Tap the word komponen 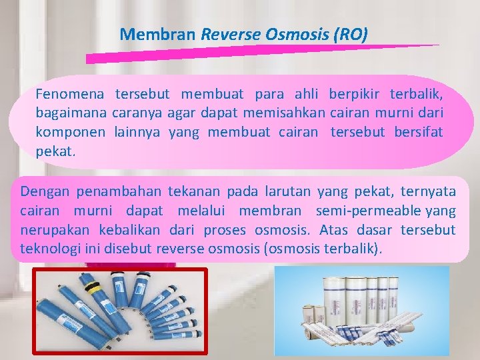70,132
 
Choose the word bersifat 418,132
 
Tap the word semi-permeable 376,211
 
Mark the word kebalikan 130,231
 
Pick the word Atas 334,231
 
